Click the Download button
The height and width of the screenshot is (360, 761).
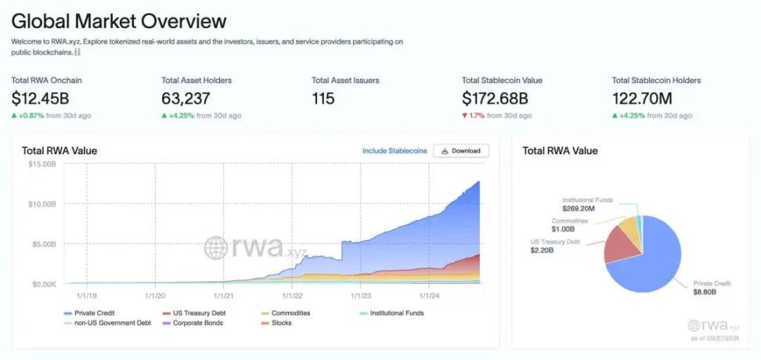point(461,150)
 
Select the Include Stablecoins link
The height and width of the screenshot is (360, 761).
point(395,150)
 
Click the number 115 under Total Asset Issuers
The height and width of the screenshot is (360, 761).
point(323,99)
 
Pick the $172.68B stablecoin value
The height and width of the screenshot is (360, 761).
point(495,99)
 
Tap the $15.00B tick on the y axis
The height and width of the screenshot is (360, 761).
point(41,164)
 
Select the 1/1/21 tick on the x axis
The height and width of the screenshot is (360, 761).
point(223,296)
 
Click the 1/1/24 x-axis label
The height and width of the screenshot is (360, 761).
point(430,296)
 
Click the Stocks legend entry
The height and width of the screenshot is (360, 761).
point(280,322)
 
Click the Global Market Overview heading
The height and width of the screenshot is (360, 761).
point(119,21)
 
